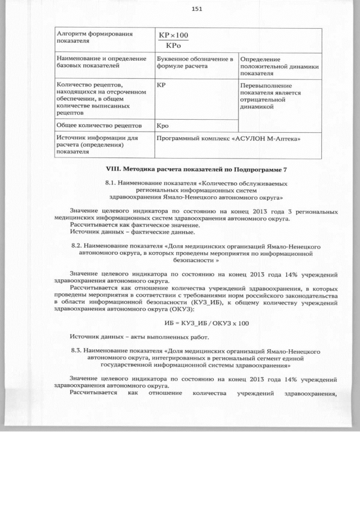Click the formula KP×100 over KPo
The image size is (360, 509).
pos(173,40)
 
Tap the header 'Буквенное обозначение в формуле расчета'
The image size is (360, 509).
pos(195,62)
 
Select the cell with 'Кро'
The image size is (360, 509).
pos(163,126)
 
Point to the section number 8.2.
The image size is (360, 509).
pos(78,246)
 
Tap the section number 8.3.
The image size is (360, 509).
pos(78,350)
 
